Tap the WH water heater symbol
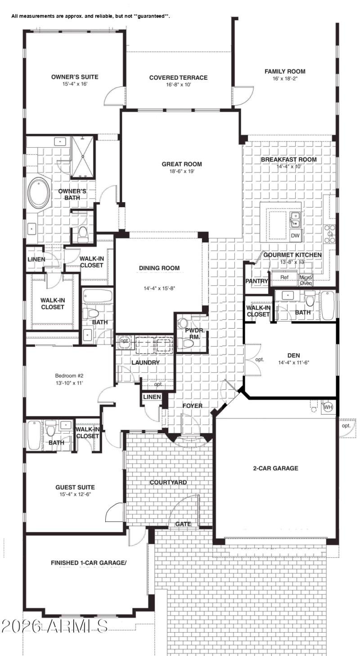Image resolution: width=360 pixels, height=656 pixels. (328, 407)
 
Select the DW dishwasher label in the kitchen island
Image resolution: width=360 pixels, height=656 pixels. (295, 235)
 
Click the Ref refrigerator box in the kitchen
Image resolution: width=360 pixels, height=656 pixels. (284, 277)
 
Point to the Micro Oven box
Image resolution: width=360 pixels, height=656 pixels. (306, 280)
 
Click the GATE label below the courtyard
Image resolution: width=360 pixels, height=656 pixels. (183, 524)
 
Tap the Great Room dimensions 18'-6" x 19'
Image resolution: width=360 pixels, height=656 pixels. (182, 171)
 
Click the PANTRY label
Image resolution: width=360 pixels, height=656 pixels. (257, 281)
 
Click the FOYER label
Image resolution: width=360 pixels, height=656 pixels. (192, 406)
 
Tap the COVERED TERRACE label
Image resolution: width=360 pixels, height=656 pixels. (179, 77)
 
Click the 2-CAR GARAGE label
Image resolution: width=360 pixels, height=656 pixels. (275, 468)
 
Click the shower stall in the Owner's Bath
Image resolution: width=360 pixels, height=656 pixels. (82, 157)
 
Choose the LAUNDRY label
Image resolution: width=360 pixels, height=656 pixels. (145, 362)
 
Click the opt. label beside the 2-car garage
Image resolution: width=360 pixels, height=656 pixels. (346, 425)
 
